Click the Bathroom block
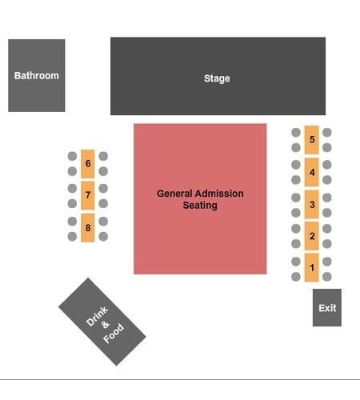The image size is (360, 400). [37, 75]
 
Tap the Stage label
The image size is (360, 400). [217, 78]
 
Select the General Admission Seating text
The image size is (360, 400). [200, 199]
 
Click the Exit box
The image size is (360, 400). [327, 307]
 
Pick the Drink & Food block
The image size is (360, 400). [102, 322]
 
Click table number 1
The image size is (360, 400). [311, 267]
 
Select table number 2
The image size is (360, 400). [311, 236]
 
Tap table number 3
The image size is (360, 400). [311, 204]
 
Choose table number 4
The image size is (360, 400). [311, 172]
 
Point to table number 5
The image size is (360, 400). [311, 140]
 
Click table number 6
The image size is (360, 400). [88, 164]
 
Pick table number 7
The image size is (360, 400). [88, 195]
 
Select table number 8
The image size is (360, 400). [88, 228]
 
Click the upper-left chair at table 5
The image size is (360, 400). [296, 132]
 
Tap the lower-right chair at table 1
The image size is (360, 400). [327, 277]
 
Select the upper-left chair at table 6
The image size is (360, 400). [72, 156]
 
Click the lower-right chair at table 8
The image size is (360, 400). [103, 236]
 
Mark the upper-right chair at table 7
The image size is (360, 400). [103, 188]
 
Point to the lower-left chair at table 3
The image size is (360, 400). [296, 213]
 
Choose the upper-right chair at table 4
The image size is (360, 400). [327, 165]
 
